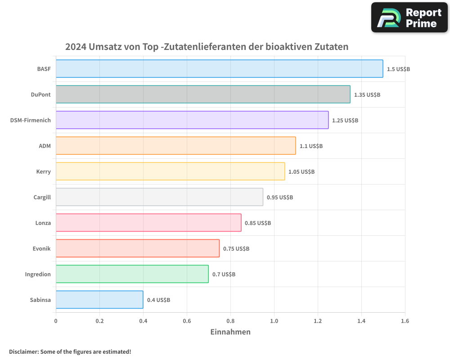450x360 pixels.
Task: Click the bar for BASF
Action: click(219, 69)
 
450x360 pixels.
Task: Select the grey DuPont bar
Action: click(202, 94)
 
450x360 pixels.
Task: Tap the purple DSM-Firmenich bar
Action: click(192, 120)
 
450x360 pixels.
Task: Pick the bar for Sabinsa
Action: click(99, 300)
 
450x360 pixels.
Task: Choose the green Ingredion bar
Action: click(132, 274)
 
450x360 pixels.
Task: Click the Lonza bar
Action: click(148, 223)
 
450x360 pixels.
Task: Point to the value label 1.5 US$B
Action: click(398, 69)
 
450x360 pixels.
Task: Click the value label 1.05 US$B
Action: click(301, 172)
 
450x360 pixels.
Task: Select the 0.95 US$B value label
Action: click(280, 198)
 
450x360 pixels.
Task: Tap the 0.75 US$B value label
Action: click(236, 249)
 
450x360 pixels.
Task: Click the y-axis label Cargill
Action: click(42, 197)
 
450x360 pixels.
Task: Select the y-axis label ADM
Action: click(45, 146)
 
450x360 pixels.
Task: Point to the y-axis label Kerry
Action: click(43, 171)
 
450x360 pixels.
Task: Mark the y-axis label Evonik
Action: click(41, 248)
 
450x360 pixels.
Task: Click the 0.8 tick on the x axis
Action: click(230, 321)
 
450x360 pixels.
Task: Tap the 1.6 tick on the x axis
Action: click(405, 321)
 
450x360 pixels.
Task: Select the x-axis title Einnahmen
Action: click(230, 332)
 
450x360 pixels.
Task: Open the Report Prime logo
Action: click(409, 18)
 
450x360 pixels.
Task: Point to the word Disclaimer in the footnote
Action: click(23, 351)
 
